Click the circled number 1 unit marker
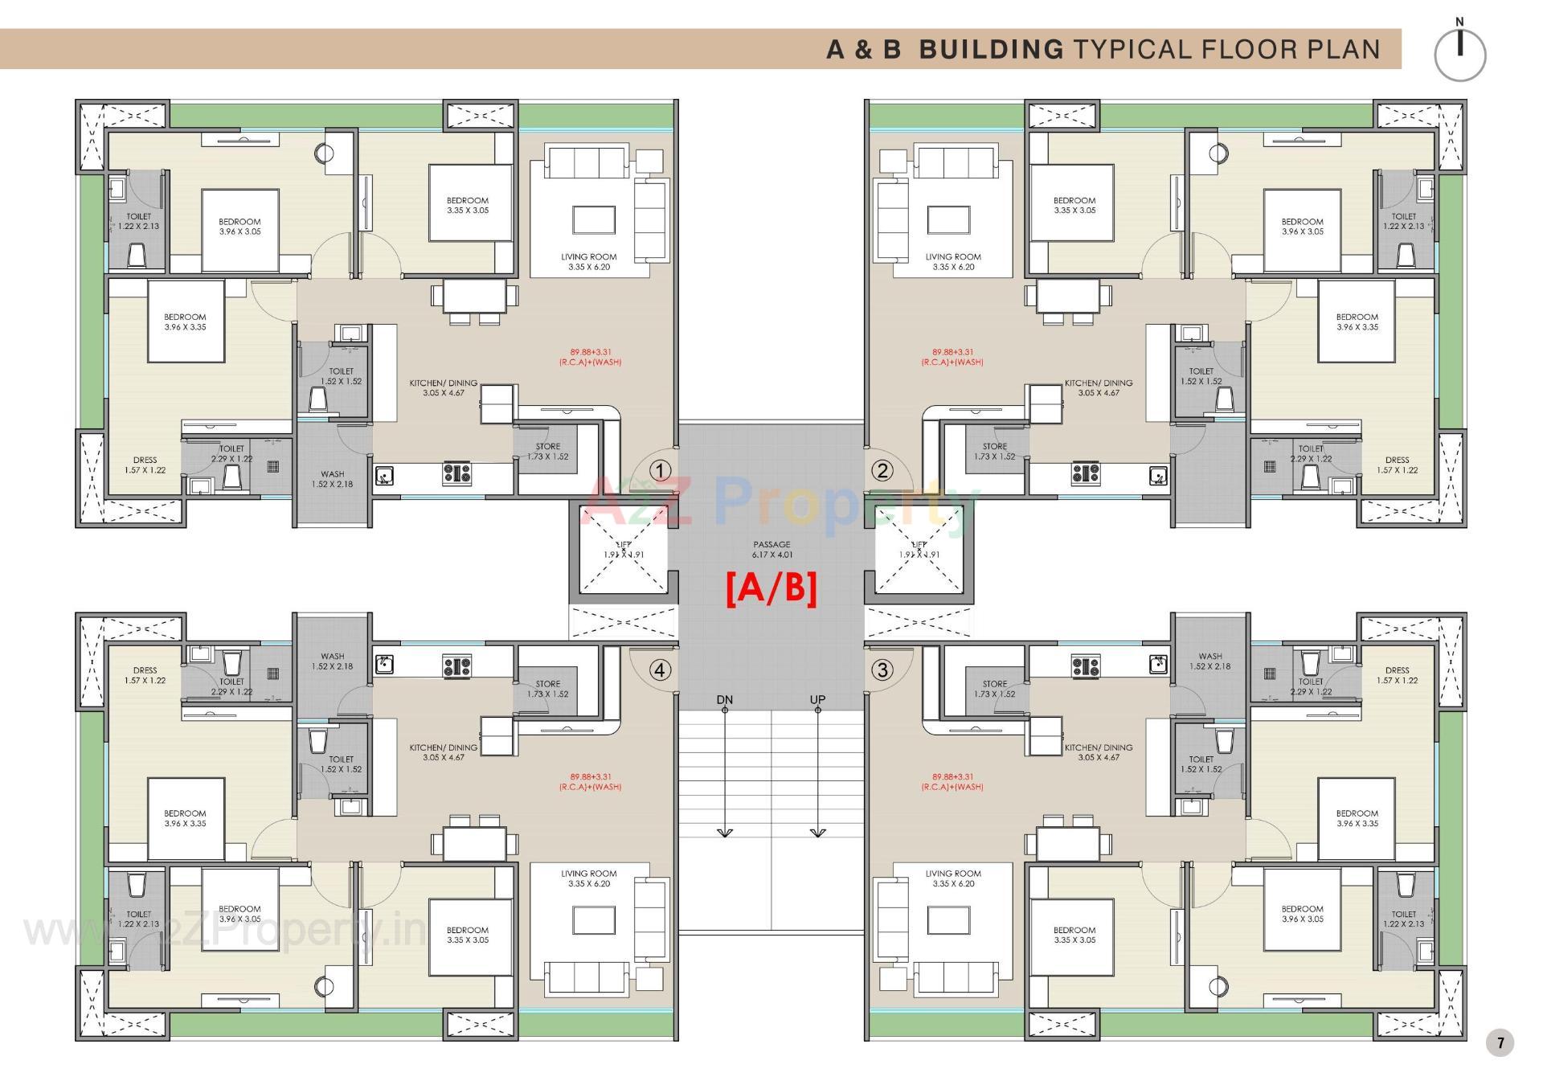[x=660, y=471]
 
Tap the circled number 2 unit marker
[x=882, y=471]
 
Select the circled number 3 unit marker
[x=882, y=669]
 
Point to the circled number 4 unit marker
[x=660, y=669]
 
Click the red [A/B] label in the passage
[x=771, y=588]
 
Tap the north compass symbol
[x=1459, y=54]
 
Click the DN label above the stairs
[x=724, y=700]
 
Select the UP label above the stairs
[x=817, y=700]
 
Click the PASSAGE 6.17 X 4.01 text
[x=771, y=550]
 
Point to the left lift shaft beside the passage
[x=624, y=551]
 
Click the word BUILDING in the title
[x=991, y=49]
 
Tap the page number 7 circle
[x=1500, y=1043]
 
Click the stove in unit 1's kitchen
[x=457, y=474]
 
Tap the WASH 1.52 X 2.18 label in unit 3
[x=1210, y=661]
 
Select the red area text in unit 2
[x=952, y=357]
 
